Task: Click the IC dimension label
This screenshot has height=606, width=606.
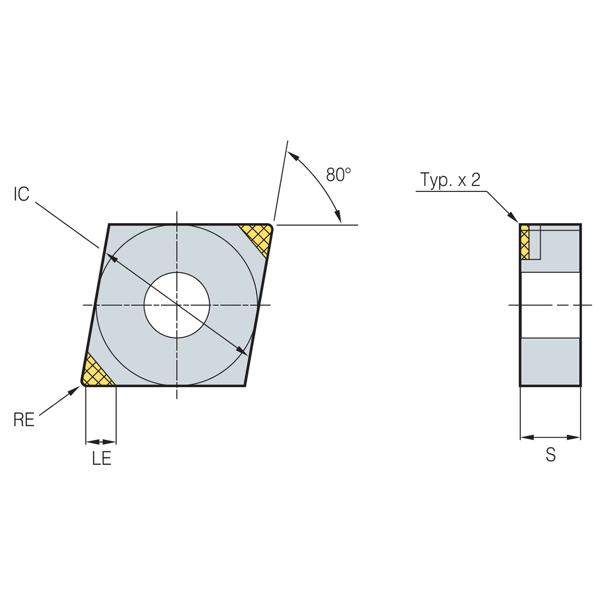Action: point(21,194)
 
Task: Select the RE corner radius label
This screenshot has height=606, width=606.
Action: point(24,420)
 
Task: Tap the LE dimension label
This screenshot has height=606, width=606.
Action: point(101,458)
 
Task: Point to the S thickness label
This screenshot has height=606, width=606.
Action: point(550,455)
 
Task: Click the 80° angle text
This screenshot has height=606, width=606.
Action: point(338,175)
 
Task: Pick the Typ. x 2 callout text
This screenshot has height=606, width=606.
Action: point(450,180)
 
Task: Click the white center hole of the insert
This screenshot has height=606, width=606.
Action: point(177,305)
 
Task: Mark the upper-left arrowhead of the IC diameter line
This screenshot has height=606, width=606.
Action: point(111,256)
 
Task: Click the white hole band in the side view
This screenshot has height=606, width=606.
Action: point(550,305)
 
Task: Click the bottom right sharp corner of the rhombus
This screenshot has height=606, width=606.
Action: point(244,385)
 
